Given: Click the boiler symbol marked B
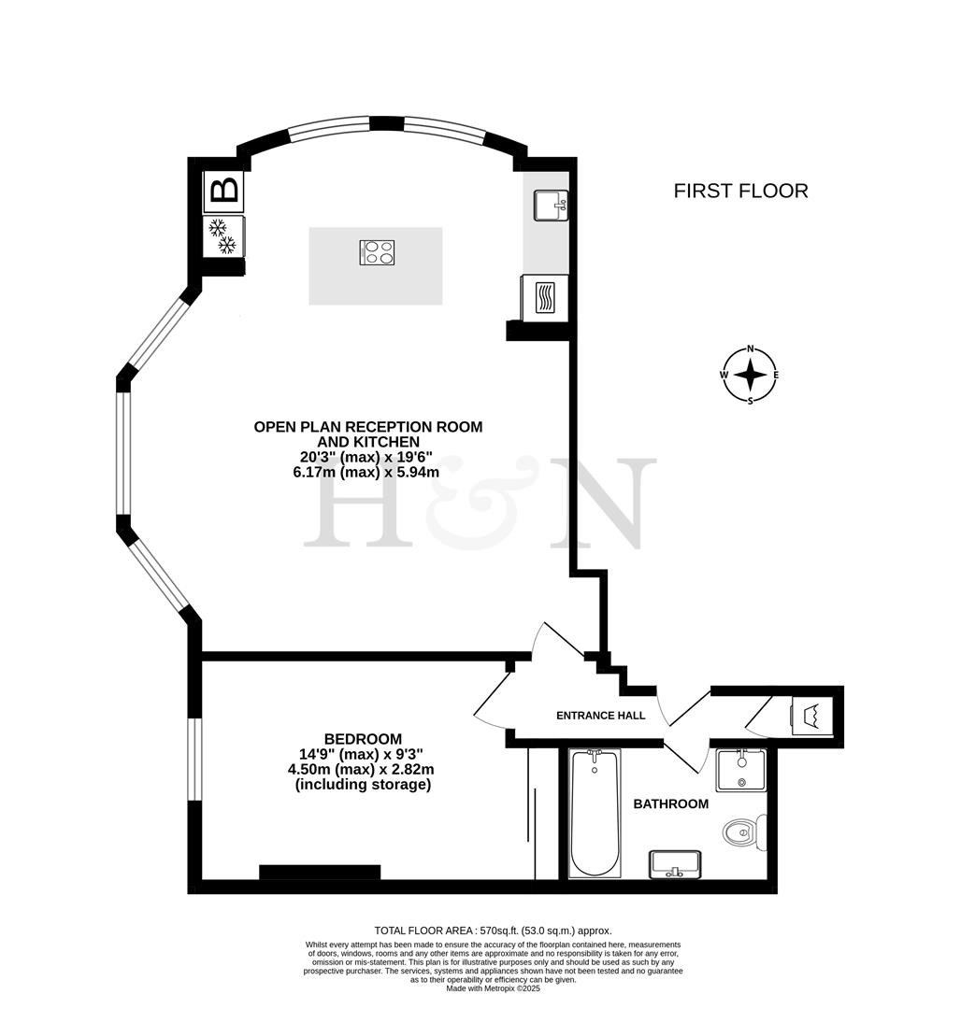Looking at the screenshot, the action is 224,191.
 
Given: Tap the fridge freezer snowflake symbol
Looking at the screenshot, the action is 223,235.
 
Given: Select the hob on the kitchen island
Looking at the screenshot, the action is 377,252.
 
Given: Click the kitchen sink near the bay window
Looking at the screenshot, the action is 549,205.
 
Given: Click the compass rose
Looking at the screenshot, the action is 750,376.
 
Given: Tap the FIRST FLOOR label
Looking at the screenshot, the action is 740,192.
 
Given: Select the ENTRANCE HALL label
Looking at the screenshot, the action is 601,716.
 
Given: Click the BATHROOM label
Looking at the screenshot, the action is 670,803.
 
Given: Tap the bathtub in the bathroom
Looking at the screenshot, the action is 594,813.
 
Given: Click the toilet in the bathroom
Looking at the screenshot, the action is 746,830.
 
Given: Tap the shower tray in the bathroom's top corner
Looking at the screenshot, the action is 739,771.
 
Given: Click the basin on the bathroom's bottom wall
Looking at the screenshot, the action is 673,866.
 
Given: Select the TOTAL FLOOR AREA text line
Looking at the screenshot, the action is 493,931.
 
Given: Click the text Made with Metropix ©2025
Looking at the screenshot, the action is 493,988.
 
